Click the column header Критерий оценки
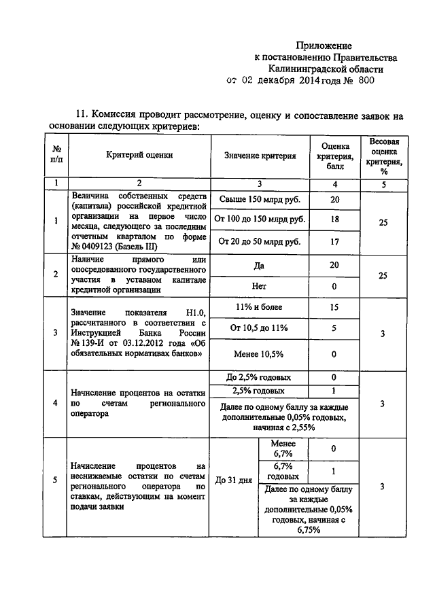(139, 155)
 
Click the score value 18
(334, 219)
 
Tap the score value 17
(334, 241)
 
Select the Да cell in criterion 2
(259, 266)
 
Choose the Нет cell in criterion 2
(259, 286)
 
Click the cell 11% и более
(258, 307)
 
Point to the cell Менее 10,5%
(258, 354)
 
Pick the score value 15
(334, 307)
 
